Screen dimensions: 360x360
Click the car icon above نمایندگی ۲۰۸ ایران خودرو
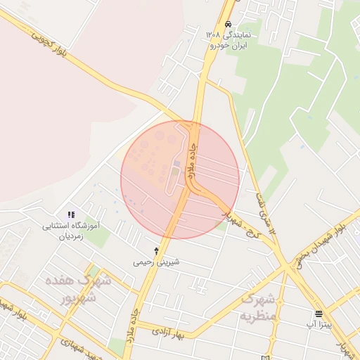click(228, 23)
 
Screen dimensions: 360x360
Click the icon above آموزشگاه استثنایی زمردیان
click(70, 214)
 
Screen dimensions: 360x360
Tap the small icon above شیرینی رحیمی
click(156, 250)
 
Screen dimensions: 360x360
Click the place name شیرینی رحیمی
click(156, 262)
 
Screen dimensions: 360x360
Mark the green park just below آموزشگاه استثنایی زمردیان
click(98, 239)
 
